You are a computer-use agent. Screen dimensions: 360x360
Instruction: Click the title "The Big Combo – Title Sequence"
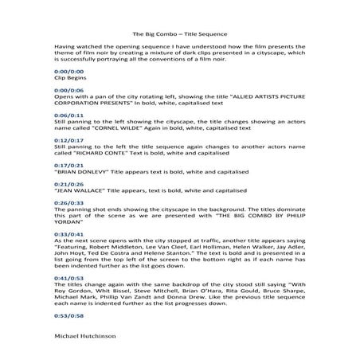179,34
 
